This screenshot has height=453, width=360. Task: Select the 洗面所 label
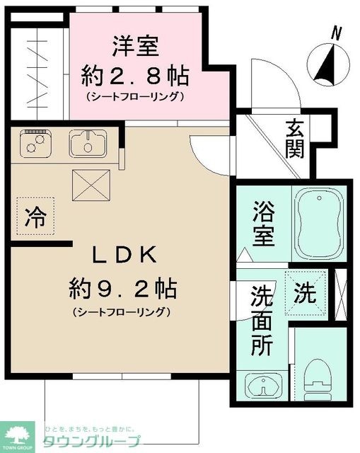tap(262, 323)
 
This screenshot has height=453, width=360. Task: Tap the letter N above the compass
tap(338, 31)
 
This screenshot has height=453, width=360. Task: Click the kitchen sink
tap(86, 144)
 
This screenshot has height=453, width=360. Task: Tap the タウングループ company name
tap(92, 441)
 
